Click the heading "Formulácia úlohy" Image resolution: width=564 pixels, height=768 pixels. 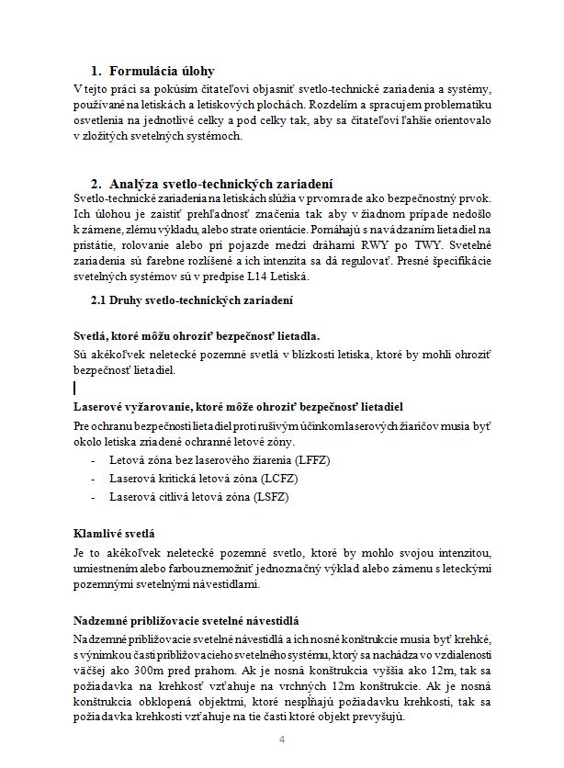162,71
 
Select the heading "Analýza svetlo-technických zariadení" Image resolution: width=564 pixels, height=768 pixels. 220,183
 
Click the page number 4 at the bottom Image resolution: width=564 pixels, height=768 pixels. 283,740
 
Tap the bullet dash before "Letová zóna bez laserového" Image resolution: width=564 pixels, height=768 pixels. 93,457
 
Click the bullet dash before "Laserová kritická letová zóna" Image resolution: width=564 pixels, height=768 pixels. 93,478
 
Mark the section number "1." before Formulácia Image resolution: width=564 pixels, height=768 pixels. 96,71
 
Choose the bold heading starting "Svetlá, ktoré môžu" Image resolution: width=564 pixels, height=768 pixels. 197,336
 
